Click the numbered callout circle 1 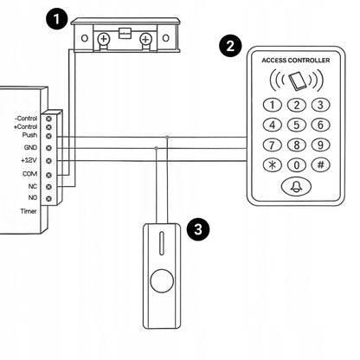[57, 19]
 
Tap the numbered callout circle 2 [230, 46]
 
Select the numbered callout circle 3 [198, 229]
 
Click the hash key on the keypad [320, 164]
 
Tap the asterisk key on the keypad [272, 165]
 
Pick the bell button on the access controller [296, 186]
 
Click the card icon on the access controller [297, 81]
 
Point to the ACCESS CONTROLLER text [296, 61]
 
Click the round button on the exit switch [162, 281]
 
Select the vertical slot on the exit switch [162, 243]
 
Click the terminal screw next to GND [48, 148]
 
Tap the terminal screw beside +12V [48, 161]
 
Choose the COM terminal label [30, 174]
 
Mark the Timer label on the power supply [29, 211]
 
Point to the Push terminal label [29, 135]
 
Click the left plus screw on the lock [103, 38]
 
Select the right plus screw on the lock [145, 39]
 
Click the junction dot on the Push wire [167, 138]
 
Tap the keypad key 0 [297, 165]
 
